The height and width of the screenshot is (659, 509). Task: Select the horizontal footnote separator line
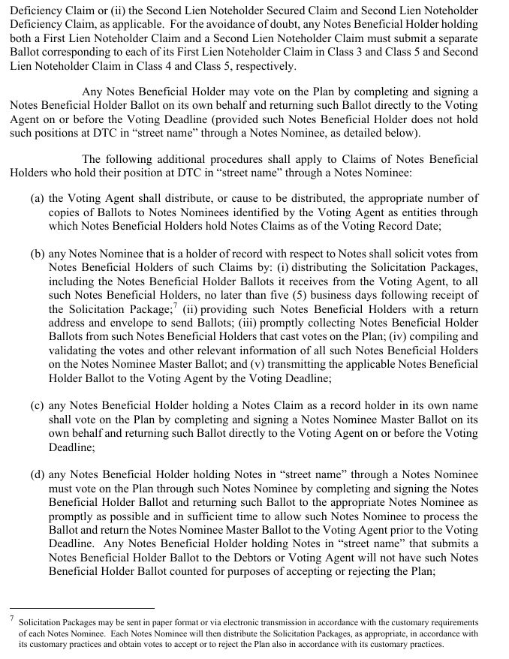82,608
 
